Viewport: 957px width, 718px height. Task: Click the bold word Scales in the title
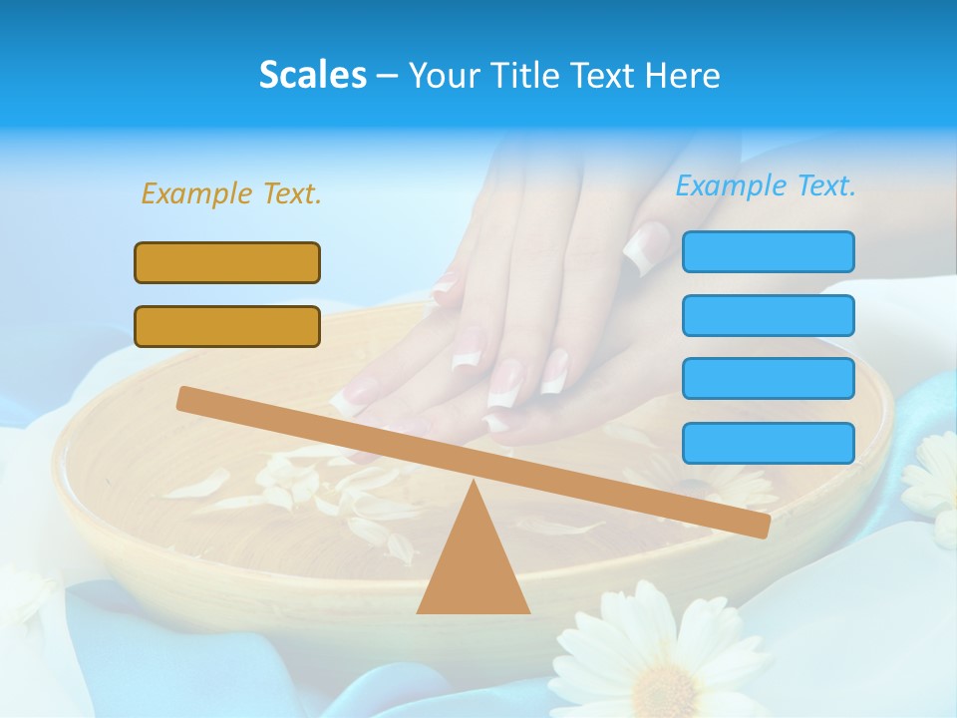click(x=312, y=75)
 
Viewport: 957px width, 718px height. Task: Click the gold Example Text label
click(x=231, y=193)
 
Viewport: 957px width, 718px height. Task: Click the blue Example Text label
click(x=766, y=185)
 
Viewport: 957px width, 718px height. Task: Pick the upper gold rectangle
click(x=227, y=262)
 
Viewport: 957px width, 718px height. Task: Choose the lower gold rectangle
click(x=227, y=326)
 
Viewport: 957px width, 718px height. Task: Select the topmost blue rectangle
click(x=768, y=251)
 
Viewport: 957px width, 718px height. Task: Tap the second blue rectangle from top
click(x=768, y=315)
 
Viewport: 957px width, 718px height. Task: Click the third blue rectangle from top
click(x=768, y=378)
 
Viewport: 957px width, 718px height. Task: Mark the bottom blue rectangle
click(x=768, y=443)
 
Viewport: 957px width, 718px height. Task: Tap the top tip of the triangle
click(x=474, y=484)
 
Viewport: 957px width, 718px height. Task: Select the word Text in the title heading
click(x=609, y=75)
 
